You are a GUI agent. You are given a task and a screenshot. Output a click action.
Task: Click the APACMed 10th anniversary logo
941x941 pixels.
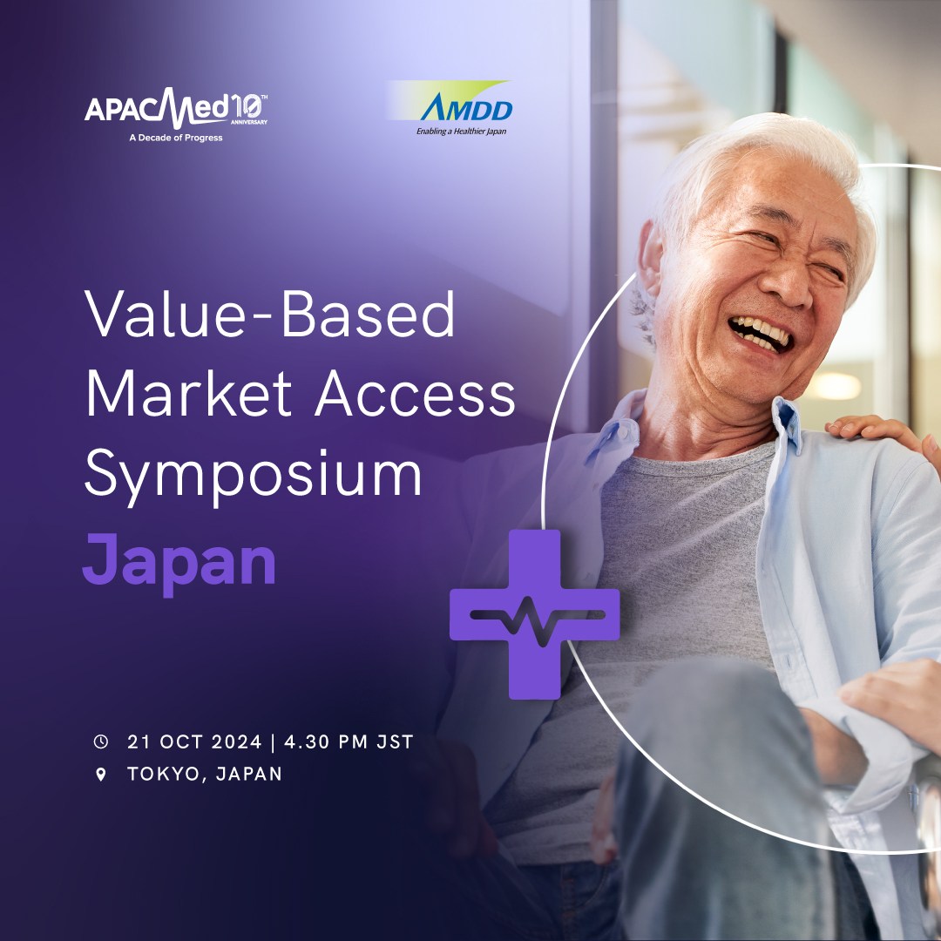tap(176, 115)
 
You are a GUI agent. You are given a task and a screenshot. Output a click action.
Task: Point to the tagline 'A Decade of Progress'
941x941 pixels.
tap(176, 138)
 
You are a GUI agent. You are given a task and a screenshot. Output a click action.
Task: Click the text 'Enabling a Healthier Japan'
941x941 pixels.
tap(462, 132)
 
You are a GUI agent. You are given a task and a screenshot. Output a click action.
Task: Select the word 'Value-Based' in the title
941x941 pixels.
tap(269, 314)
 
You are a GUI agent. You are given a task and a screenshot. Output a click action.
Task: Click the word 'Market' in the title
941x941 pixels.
tap(189, 394)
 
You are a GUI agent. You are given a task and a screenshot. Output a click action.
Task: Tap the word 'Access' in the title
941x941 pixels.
tap(416, 394)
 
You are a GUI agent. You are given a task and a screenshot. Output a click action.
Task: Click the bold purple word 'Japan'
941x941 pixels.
tap(179, 563)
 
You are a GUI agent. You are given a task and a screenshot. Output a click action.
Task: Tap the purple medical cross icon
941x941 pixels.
tap(535, 614)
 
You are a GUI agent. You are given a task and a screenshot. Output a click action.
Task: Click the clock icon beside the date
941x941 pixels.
tap(101, 741)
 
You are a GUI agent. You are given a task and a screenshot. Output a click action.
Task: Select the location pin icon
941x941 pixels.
tap(101, 775)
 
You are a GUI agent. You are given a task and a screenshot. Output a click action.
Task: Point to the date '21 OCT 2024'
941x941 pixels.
tap(194, 741)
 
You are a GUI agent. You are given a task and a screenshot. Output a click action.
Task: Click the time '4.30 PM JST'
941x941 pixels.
tap(349, 741)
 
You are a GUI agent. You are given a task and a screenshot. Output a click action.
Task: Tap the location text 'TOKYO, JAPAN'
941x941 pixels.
tap(205, 775)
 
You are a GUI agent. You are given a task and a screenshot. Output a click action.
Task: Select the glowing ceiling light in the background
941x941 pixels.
tap(836, 386)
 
